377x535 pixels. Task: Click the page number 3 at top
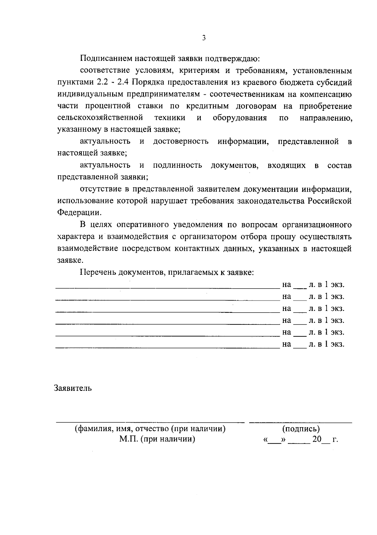coord(204,38)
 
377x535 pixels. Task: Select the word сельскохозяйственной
coord(100,118)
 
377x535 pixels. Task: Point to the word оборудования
coord(240,118)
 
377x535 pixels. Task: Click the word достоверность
coord(181,141)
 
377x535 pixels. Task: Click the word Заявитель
coord(73,388)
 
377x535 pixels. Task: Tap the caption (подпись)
coord(301,429)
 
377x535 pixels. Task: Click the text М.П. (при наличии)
coord(157,439)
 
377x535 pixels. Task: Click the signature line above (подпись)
coord(300,422)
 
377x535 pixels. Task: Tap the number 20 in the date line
coord(317,439)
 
